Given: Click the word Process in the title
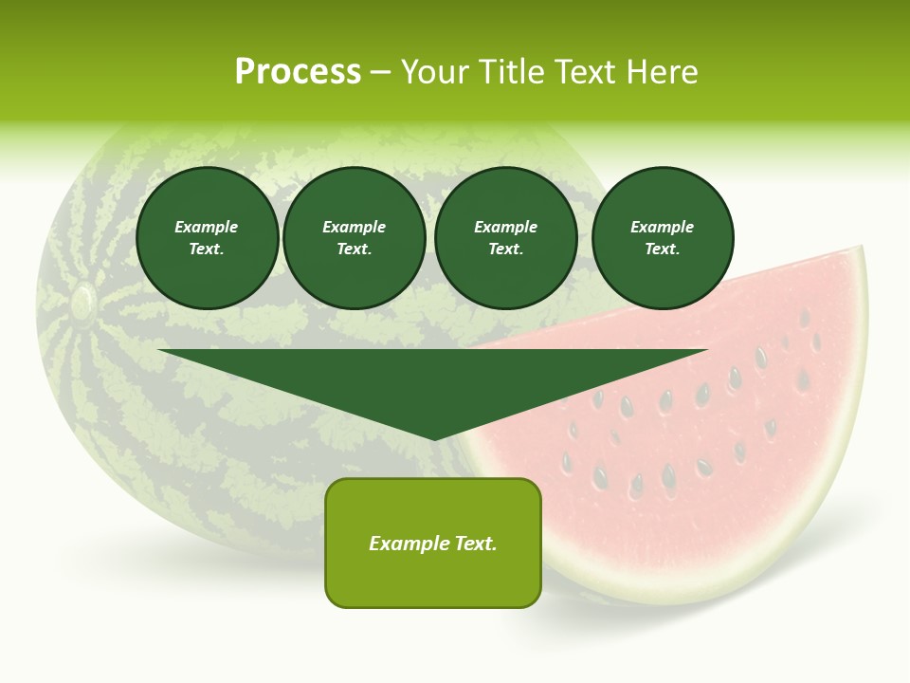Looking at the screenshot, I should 298,72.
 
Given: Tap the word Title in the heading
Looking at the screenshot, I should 509,72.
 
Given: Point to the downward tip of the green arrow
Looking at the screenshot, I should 434,437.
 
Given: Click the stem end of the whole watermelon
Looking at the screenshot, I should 82,301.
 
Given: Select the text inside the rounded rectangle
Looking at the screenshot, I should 433,544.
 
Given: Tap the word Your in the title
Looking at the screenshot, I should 433,72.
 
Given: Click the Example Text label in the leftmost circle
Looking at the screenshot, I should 207,238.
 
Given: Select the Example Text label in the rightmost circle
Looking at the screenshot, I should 662,238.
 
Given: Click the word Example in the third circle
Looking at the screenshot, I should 505,227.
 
